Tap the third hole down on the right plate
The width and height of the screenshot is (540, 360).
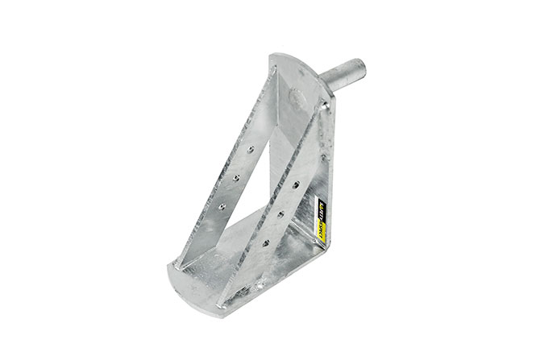click(x=266, y=240)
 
